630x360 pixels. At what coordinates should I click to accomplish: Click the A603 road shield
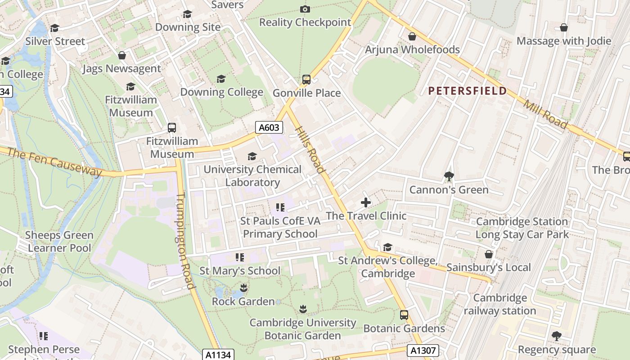(269, 127)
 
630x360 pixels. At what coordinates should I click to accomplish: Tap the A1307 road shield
(423, 350)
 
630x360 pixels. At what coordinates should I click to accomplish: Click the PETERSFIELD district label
(467, 91)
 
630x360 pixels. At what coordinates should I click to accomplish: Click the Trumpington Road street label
(184, 241)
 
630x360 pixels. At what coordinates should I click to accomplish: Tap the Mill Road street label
(545, 114)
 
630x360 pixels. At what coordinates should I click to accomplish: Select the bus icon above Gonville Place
(306, 80)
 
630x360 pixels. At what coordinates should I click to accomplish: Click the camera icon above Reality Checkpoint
(305, 9)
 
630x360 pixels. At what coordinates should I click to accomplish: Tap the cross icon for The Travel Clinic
(366, 202)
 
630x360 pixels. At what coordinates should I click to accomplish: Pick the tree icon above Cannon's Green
(449, 176)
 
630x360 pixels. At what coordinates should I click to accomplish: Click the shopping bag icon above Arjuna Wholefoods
(412, 36)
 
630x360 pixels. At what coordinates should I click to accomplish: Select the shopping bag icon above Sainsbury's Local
(489, 254)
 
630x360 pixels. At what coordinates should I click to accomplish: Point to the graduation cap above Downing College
(221, 79)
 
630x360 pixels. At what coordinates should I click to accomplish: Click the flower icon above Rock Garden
(243, 288)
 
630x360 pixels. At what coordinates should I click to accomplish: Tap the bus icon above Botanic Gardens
(404, 315)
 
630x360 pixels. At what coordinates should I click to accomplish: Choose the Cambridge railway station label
(500, 304)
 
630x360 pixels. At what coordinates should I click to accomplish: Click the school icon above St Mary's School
(240, 257)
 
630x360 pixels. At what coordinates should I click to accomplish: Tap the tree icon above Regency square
(557, 336)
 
